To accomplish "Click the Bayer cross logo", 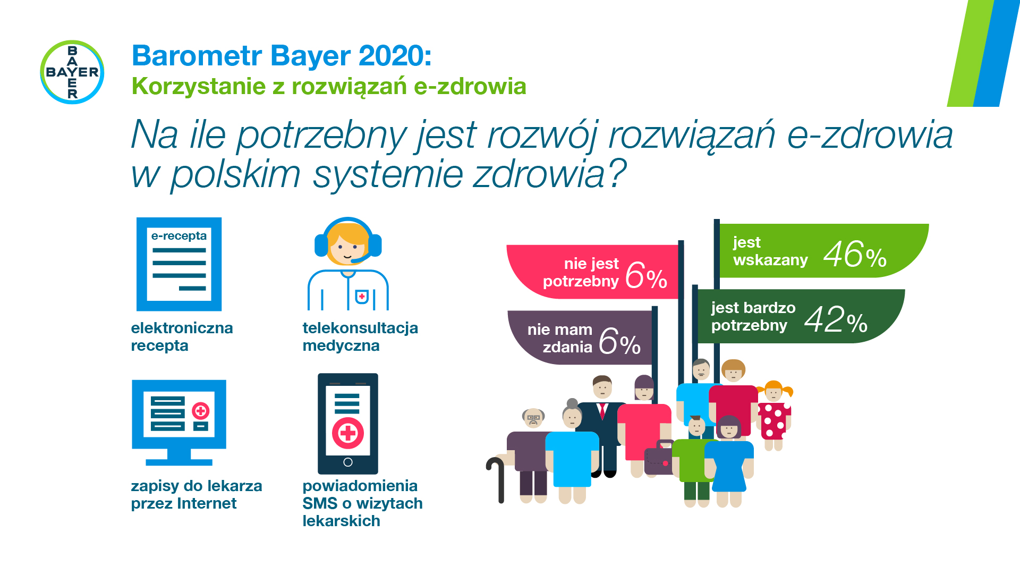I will [72, 72].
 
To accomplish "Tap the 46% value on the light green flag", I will [854, 255].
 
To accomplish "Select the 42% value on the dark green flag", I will [835, 320].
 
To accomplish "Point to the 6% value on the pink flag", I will [645, 276].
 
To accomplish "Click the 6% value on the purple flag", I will [619, 342].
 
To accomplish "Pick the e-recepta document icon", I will [179, 264].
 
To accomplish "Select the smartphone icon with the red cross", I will [348, 424].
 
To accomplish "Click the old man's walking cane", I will [498, 478].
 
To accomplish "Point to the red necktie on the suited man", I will [602, 411].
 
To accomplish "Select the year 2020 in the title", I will [395, 56].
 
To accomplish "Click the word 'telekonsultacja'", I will [360, 328].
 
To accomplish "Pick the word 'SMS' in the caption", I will [320, 503].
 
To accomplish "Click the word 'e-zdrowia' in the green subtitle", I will [470, 87].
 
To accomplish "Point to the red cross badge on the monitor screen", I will [201, 410].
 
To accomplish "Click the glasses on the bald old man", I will [533, 418].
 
